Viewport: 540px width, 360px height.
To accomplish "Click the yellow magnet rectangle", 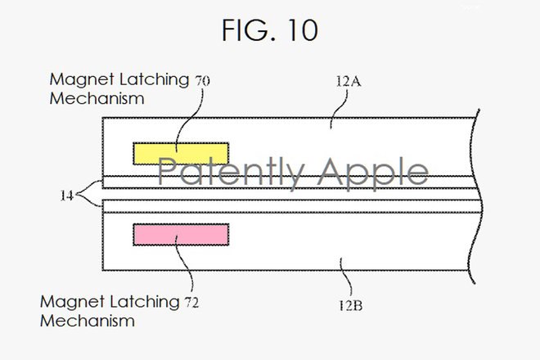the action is point(181,153).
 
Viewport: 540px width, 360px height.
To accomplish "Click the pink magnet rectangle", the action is point(181,235).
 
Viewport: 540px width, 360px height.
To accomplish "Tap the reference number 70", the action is point(202,81).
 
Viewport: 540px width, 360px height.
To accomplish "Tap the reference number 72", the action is point(191,303).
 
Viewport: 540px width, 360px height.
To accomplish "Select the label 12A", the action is point(349,81).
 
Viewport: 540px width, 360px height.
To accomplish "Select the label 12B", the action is point(350,305).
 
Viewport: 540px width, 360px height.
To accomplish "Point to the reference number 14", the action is point(66,196).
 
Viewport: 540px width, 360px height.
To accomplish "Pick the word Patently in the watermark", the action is point(231,173).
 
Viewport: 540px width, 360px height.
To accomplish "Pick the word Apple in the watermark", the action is point(373,173).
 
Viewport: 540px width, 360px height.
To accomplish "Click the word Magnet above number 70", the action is point(82,80).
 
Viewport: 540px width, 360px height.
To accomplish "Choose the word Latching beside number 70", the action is point(154,80).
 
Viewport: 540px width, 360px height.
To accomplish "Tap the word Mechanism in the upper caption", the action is point(97,98).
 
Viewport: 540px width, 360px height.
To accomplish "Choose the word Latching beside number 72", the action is point(144,303).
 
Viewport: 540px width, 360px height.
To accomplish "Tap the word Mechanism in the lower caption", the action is point(87,321).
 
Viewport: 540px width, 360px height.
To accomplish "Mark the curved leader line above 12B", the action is point(345,277).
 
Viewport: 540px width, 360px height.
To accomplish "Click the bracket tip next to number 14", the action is point(76,195).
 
